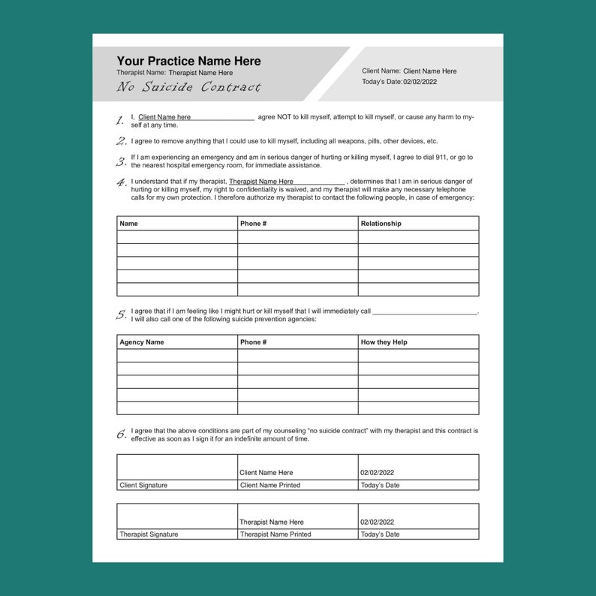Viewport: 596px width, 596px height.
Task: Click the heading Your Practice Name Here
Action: click(x=188, y=61)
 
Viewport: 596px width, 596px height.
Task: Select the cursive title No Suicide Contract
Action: click(x=188, y=87)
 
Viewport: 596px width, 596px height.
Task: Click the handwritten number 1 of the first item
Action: click(x=120, y=120)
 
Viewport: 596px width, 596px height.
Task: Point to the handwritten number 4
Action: click(x=121, y=182)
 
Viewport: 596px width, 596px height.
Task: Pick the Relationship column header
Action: click(x=381, y=224)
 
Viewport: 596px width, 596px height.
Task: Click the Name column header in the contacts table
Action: click(x=129, y=224)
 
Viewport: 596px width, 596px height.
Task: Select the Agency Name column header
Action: click(x=141, y=342)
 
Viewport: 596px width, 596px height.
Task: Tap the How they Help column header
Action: click(x=384, y=342)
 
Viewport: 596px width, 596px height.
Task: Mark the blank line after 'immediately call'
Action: click(x=424, y=312)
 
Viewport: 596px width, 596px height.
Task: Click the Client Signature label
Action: click(x=143, y=486)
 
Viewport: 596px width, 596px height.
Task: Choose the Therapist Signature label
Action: click(x=149, y=534)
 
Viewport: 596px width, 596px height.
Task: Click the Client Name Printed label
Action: click(x=269, y=486)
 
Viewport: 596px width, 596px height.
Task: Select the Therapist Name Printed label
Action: click(x=275, y=534)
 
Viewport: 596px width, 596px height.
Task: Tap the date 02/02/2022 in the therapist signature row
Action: click(x=377, y=522)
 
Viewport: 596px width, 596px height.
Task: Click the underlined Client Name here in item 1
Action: click(x=164, y=117)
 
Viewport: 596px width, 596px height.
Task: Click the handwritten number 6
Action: click(x=121, y=434)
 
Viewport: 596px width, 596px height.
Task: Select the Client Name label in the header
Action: click(x=381, y=71)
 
